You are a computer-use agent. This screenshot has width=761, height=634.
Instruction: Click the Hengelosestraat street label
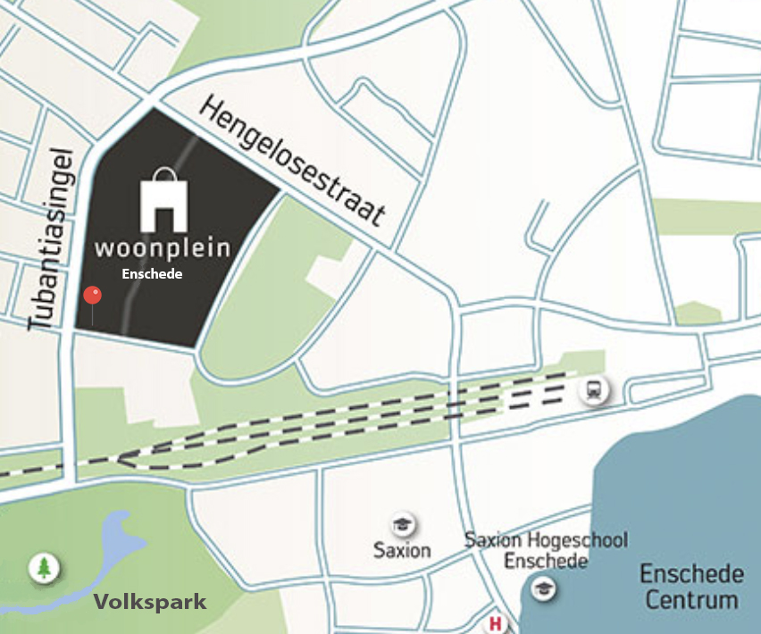(x=293, y=162)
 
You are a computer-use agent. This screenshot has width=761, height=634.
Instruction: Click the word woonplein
(x=163, y=247)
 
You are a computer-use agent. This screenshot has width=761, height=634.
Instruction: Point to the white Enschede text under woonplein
(x=152, y=274)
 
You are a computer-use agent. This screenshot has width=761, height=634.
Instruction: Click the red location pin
(x=92, y=296)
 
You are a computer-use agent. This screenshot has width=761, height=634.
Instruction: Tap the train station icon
(x=593, y=389)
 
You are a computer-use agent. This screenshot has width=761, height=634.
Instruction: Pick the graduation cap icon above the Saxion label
(x=403, y=524)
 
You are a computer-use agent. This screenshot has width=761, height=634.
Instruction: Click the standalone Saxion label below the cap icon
(x=402, y=550)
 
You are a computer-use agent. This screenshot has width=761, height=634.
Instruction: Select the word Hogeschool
(x=577, y=540)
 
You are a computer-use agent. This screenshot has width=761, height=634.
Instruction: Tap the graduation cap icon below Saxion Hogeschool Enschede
(x=541, y=588)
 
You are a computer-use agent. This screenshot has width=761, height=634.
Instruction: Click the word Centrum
(x=692, y=599)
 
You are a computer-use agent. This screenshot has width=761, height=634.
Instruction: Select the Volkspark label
(x=150, y=602)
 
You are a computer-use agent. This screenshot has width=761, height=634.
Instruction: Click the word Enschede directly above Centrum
(x=692, y=573)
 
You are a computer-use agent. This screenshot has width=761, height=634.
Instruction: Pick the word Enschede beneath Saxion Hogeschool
(x=546, y=561)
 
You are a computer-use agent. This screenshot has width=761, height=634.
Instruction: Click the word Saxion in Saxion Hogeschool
(x=493, y=540)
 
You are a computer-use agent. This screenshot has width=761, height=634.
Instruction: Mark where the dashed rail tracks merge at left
(x=121, y=459)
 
